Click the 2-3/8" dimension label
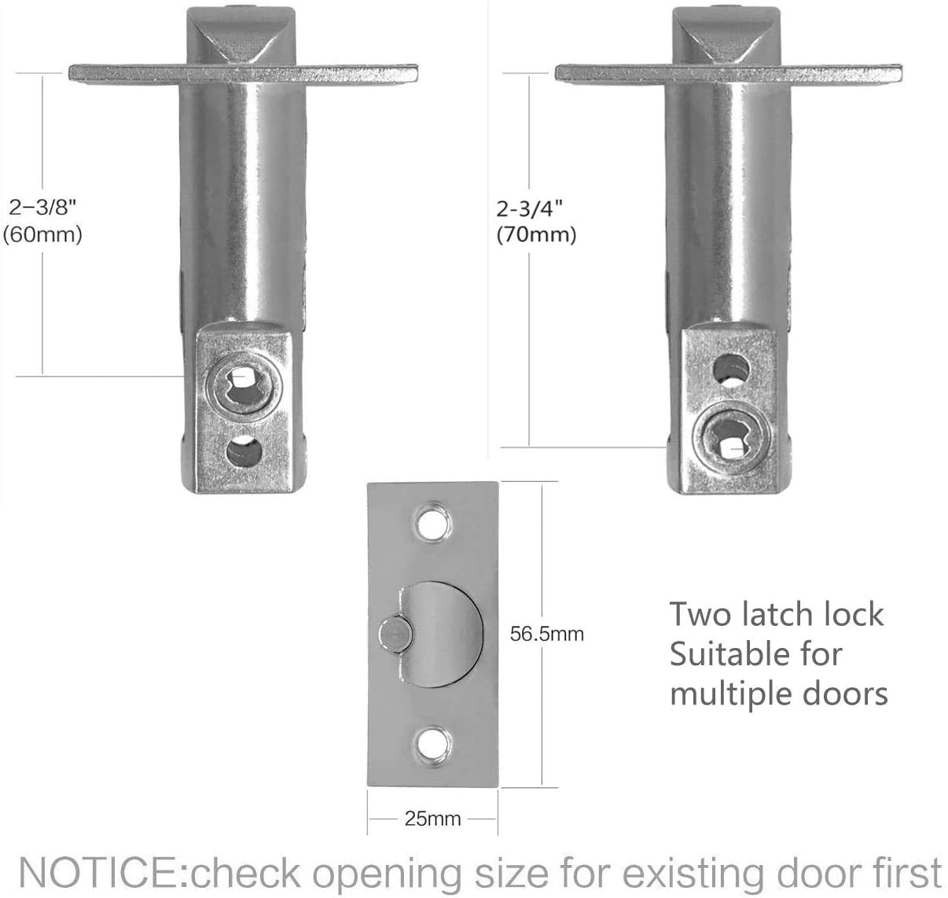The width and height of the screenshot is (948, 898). (43, 208)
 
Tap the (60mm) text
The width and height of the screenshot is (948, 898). (42, 235)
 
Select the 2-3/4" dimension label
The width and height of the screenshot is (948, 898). (530, 209)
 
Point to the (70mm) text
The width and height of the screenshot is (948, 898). (537, 235)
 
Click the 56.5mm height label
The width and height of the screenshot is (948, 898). (547, 634)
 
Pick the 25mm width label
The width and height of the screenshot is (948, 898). (432, 819)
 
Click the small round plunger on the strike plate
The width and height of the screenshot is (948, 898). (394, 634)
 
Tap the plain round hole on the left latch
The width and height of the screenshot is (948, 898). (244, 451)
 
